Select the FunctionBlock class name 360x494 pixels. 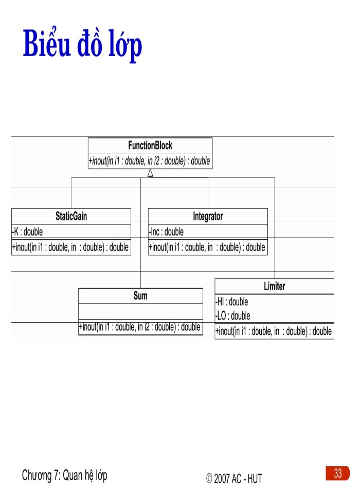[150, 146]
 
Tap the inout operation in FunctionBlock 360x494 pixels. [150, 161]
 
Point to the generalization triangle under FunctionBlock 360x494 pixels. [150, 173]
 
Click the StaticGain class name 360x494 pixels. [71, 216]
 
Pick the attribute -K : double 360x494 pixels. [28, 232]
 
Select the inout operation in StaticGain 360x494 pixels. [70, 247]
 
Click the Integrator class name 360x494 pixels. [208, 216]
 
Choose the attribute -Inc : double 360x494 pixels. [167, 232]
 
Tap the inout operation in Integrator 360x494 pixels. [207, 247]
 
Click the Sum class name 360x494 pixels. [140, 296]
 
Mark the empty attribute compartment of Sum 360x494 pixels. [140, 312]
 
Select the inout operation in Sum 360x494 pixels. [140, 327]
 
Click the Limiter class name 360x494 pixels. [274, 286]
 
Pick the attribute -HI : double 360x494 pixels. [232, 302]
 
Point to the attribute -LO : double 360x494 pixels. [233, 315]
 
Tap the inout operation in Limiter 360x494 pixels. [274, 331]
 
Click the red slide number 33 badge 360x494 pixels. [337, 473]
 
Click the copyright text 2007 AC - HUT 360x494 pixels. [235, 479]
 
